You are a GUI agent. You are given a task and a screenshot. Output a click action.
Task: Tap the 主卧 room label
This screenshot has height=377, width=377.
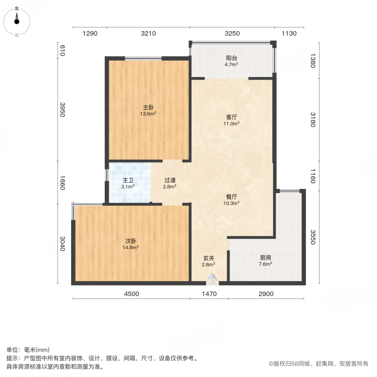tap(148, 107)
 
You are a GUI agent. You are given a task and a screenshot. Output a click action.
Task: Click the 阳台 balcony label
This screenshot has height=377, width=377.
tap(231, 58)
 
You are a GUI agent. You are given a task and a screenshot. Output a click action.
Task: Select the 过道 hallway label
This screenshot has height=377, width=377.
tap(170, 181)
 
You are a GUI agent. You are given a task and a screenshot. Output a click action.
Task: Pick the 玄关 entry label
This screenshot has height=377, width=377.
tap(209, 258)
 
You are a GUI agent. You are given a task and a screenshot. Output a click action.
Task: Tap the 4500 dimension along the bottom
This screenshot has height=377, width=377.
tap(131, 294)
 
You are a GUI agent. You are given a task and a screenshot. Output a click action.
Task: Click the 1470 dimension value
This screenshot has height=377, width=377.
tap(209, 294)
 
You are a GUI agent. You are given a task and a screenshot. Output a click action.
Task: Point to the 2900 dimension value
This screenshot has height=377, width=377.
tap(266, 294)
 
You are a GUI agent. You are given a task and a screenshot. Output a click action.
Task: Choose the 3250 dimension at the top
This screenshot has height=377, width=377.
tap(232, 34)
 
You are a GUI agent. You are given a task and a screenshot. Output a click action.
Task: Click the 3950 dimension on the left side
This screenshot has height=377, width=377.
tap(62, 109)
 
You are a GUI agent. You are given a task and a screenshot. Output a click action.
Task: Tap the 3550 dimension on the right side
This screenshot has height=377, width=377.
tap(312, 237)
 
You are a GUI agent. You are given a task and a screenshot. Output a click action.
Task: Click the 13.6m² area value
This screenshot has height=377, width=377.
tap(148, 114)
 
